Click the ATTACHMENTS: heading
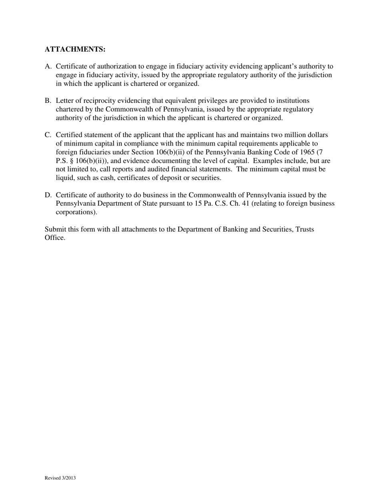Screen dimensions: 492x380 pos(75,49)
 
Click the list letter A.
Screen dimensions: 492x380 pos(48,66)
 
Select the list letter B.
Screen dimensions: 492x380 pos(48,101)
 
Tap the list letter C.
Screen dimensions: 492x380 pos(48,135)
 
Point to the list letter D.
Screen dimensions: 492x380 pos(48,195)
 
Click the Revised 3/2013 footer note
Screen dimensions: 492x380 pos(60,478)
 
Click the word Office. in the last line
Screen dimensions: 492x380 pos(55,238)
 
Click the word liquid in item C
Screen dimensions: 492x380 pos(64,178)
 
